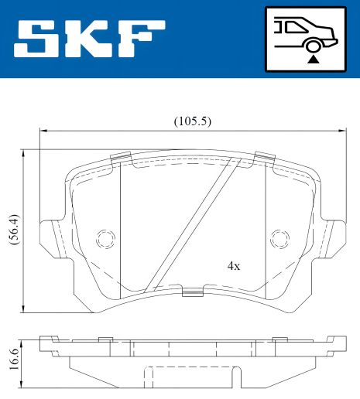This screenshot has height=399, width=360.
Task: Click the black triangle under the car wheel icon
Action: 312,57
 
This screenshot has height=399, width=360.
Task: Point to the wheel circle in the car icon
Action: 312,45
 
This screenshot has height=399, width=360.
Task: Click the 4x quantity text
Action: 233,265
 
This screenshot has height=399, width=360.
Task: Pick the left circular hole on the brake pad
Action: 105,238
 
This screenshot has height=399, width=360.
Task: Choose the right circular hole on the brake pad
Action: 279,238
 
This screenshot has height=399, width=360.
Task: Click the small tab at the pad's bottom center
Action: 192,292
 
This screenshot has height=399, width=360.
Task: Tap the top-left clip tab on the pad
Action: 121,159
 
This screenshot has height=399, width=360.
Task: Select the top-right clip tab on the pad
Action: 265,159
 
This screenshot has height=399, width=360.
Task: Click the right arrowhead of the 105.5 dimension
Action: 344,131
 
